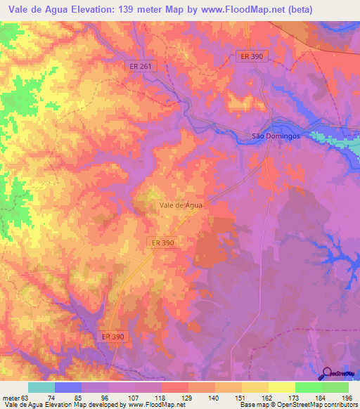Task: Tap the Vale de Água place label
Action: [x=181, y=205]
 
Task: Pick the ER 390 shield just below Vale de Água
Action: [x=162, y=242]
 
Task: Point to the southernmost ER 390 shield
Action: [x=112, y=337]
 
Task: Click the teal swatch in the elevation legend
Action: [x=41, y=387]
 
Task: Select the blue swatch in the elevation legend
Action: [x=67, y=387]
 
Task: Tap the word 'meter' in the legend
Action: [x=11, y=398]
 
